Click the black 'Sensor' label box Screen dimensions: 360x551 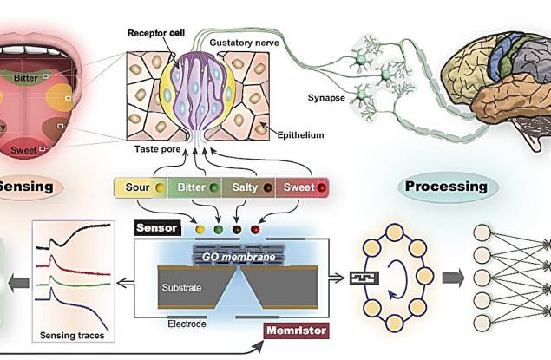pyautogui.click(x=157, y=229)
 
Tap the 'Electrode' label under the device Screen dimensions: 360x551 pyautogui.click(x=187, y=323)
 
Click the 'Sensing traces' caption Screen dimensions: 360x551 pyautogui.click(x=75, y=335)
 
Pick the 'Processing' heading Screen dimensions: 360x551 pyautogui.click(x=444, y=186)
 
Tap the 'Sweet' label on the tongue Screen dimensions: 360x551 pyautogui.click(x=23, y=151)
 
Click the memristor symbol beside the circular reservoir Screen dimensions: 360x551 pyautogui.click(x=358, y=279)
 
